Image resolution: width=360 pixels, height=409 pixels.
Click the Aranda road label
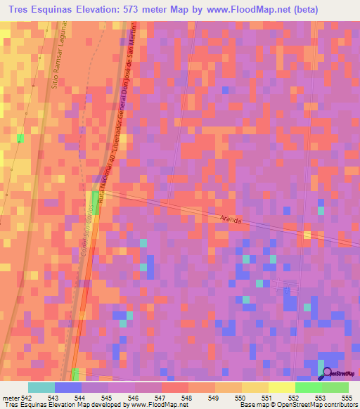tap(230, 220)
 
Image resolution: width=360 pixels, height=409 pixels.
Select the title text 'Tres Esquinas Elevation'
tap(63, 10)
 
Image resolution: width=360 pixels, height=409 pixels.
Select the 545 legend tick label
tap(108, 398)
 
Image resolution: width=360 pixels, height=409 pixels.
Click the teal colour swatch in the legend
tap(41, 387)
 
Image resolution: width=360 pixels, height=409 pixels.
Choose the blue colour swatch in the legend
tap(68, 387)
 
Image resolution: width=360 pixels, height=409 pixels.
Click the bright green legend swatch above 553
tap(308, 387)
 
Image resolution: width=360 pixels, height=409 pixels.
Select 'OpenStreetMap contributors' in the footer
tap(318, 405)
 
